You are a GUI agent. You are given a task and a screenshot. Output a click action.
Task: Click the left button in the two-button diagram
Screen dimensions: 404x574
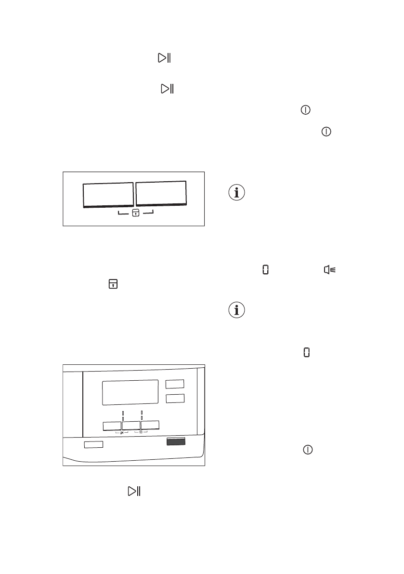[108, 195]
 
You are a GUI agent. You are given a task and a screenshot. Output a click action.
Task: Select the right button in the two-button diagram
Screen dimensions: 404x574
[161, 194]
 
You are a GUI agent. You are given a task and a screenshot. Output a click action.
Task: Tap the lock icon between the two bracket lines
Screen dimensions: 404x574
[136, 214]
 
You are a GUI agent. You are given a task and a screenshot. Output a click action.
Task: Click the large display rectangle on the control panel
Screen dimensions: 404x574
[130, 392]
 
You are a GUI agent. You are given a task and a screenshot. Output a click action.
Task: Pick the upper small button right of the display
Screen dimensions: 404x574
[175, 384]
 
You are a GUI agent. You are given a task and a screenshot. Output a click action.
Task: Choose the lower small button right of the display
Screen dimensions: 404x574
[175, 399]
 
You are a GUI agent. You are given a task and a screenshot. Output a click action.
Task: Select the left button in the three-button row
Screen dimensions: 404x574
[112, 426]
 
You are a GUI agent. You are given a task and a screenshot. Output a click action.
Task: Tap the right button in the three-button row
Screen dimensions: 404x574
[150, 425]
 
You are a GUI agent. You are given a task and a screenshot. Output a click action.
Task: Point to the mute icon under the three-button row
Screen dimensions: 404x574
[122, 433]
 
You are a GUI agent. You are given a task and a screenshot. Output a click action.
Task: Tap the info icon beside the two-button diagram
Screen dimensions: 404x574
[237, 193]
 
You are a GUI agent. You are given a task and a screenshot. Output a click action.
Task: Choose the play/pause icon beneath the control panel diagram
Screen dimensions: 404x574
[133, 491]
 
